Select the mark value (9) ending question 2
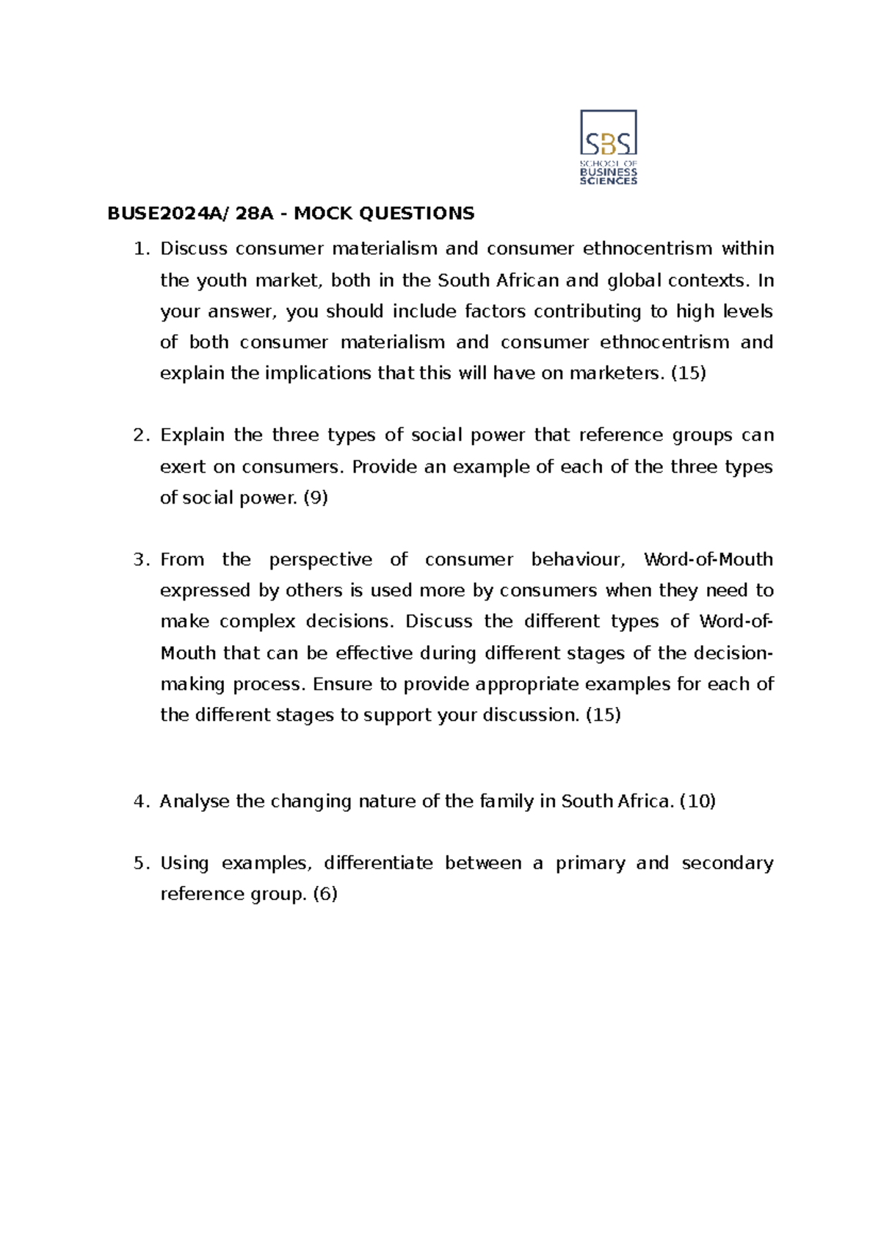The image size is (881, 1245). [x=316, y=498]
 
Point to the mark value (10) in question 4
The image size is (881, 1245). [x=697, y=801]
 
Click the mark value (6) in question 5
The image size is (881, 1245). [x=325, y=894]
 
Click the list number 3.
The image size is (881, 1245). [x=140, y=560]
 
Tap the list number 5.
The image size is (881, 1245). [x=140, y=863]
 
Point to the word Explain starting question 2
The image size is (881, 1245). [x=192, y=435]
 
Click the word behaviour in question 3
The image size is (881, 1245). [x=578, y=560]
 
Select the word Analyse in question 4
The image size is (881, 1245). [x=195, y=801]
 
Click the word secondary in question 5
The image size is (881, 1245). [x=727, y=863]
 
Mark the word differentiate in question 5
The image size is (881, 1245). [x=378, y=863]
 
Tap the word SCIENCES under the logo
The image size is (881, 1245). [x=609, y=181]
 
